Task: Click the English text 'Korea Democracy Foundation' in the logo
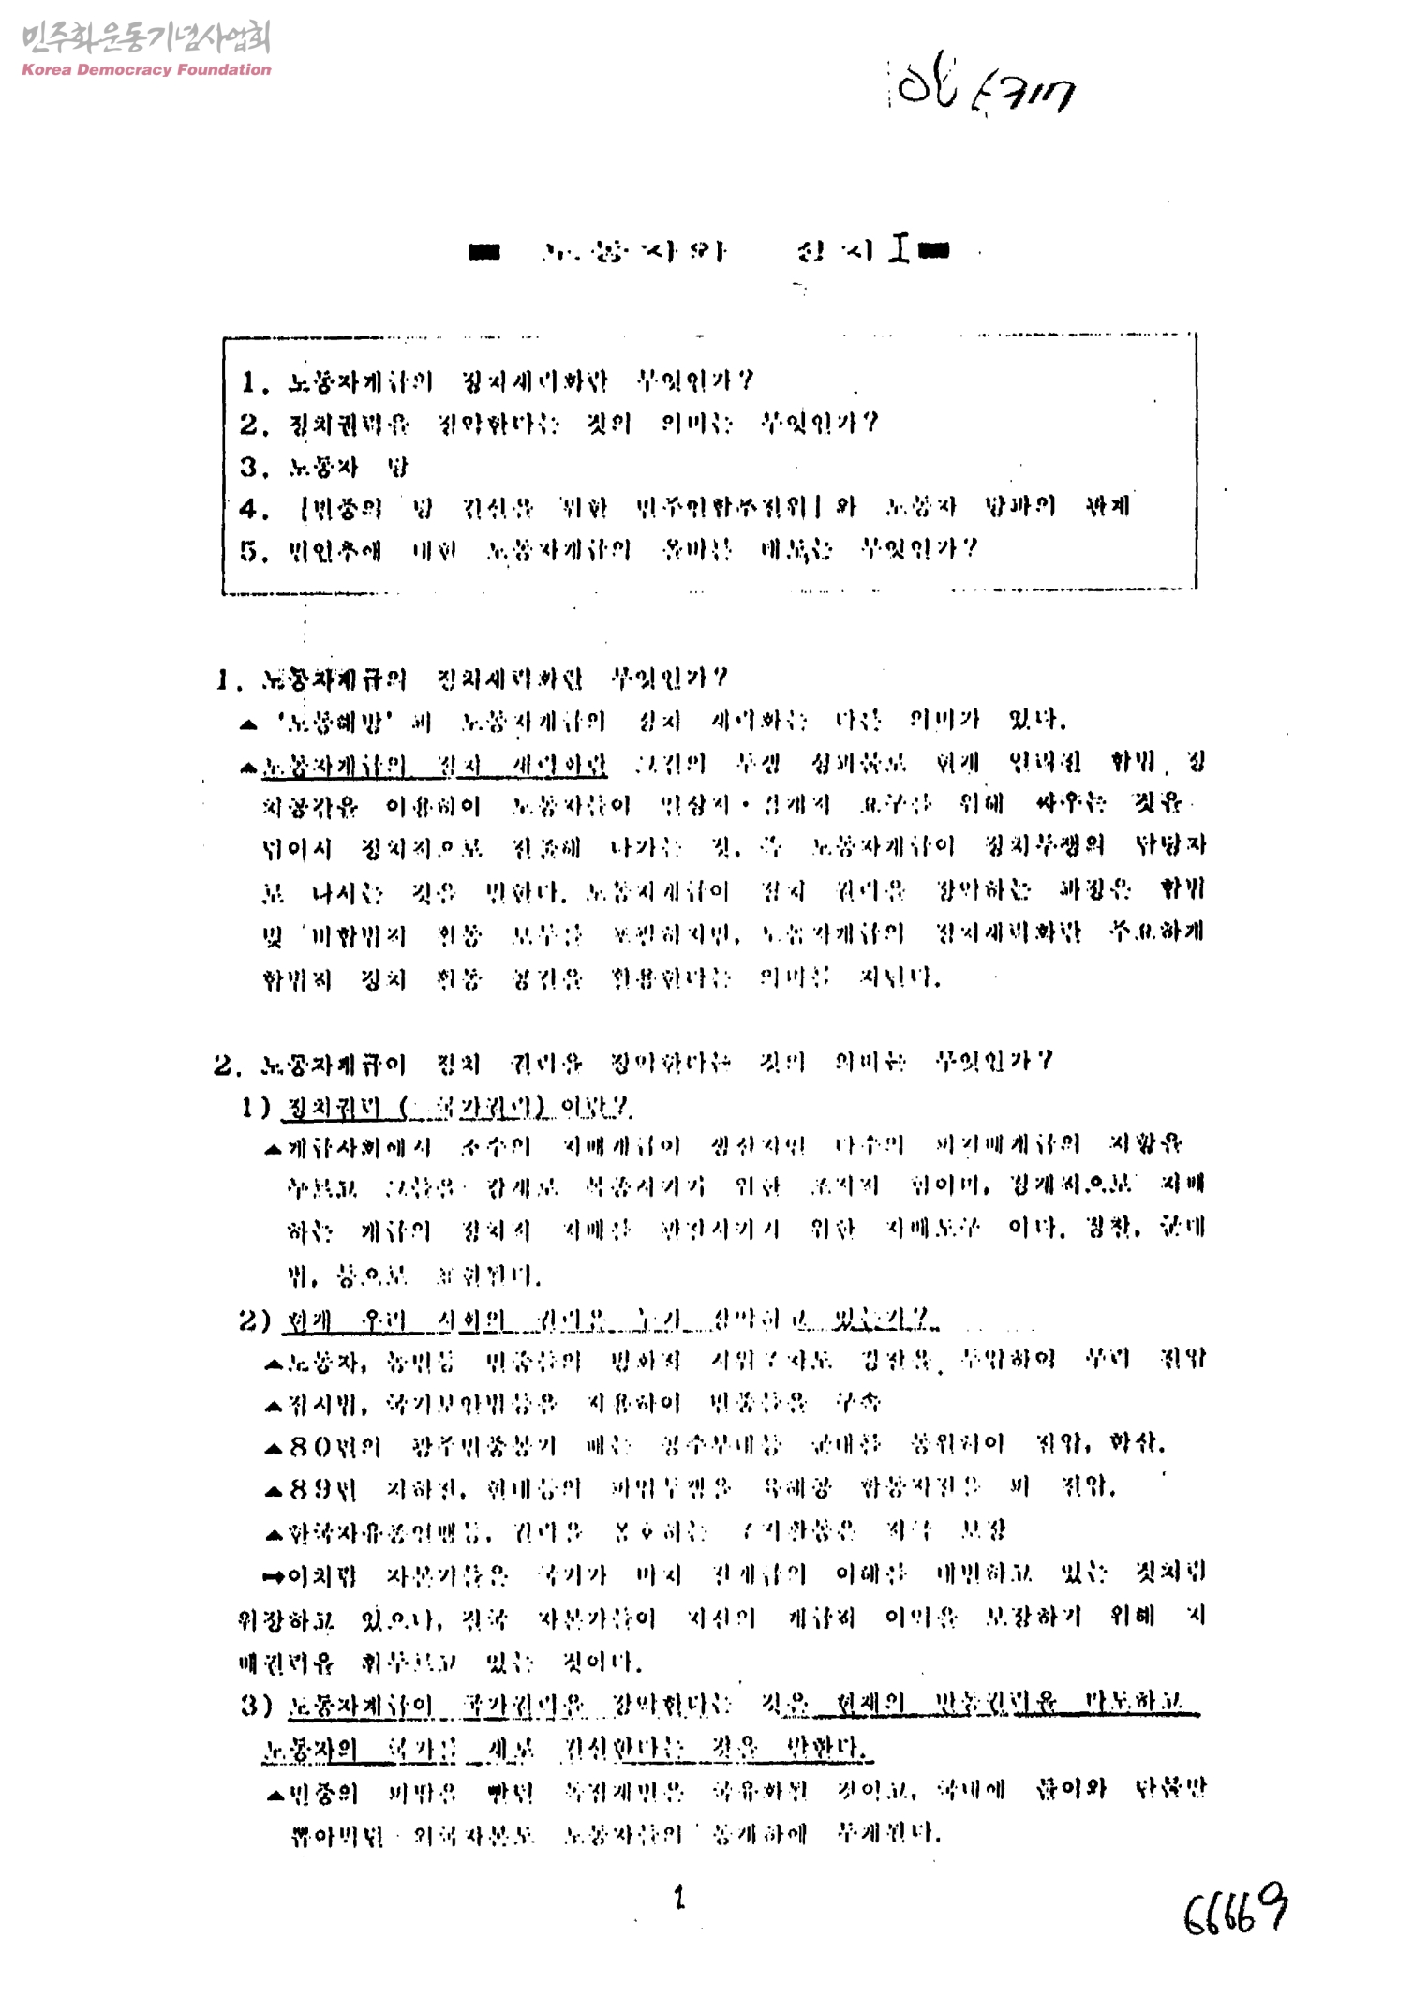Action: (146, 69)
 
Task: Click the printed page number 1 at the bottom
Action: (679, 1898)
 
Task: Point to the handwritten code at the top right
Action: (985, 92)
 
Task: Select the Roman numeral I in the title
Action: (900, 250)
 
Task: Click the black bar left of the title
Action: (484, 251)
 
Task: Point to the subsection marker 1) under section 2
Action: (255, 1108)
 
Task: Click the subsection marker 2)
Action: (255, 1320)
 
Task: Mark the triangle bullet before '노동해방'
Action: (248, 723)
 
